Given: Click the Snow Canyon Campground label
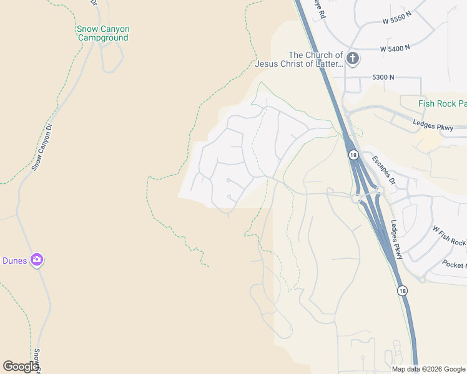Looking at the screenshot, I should [103, 33].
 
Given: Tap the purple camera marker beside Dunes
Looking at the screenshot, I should [37, 260].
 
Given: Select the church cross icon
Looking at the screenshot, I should [353, 59].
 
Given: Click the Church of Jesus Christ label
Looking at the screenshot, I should [298, 59].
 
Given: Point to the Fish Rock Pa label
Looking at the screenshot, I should [442, 103].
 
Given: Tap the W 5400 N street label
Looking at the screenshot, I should [395, 47].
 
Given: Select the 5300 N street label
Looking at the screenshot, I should [383, 77].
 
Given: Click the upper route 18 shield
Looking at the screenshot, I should [353, 155].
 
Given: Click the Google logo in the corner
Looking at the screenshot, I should [21, 367].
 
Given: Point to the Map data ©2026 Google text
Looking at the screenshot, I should [428, 369].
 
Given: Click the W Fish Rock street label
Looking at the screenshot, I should [450, 234].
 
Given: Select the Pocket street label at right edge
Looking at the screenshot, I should [454, 266].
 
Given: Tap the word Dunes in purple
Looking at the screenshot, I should [14, 261].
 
